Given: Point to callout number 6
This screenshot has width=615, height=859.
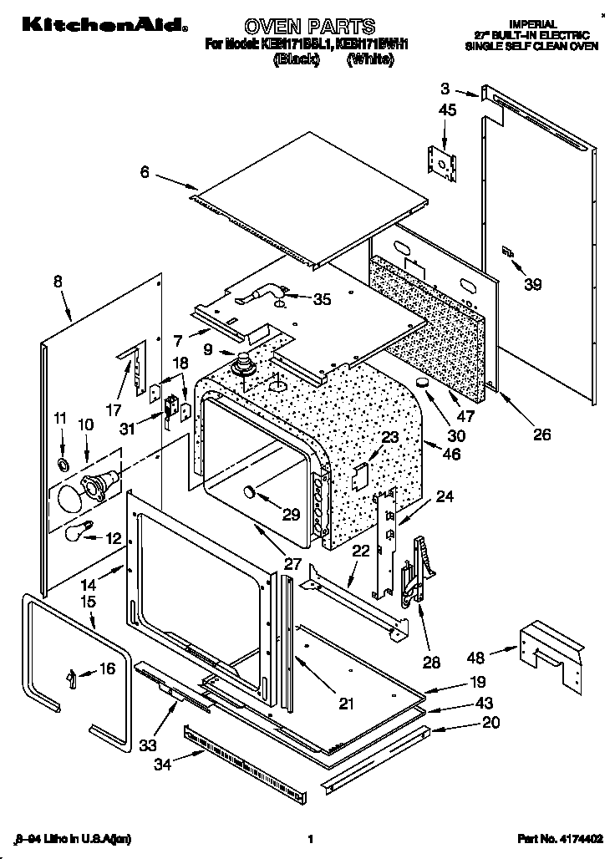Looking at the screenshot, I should tap(145, 172).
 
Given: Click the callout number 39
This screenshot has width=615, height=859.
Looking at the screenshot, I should tap(532, 285).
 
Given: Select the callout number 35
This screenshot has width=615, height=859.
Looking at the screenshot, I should tap(320, 299).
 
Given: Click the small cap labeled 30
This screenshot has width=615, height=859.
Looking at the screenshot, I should tap(424, 384).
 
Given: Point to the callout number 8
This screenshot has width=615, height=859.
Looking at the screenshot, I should tap(58, 282).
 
